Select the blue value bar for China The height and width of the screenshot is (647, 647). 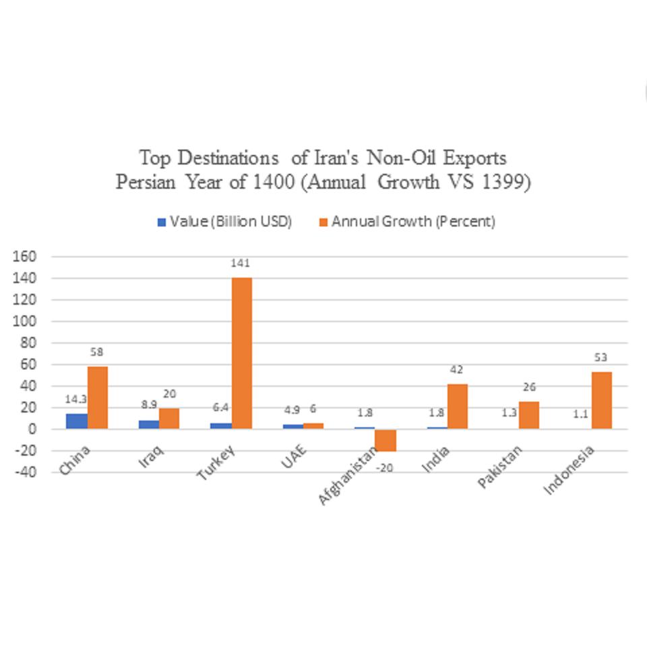point(77,421)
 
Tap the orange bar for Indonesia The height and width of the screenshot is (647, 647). point(601,400)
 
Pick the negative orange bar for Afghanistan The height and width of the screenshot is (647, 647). point(386,440)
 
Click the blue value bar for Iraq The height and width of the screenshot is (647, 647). point(149,425)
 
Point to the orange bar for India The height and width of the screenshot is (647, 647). point(457,406)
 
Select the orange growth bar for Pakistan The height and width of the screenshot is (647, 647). point(529,415)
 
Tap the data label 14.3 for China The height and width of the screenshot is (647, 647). point(75,399)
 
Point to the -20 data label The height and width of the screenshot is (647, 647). point(386,467)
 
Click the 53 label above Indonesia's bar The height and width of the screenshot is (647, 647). point(601,357)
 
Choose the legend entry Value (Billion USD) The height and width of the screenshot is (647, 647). point(224,222)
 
